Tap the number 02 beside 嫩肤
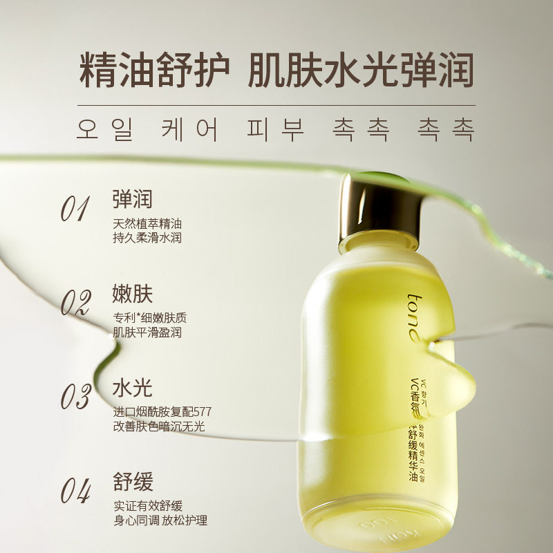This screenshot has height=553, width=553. click(x=76, y=303)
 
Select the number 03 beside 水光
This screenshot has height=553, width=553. click(x=76, y=397)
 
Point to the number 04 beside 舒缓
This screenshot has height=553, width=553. click(x=76, y=491)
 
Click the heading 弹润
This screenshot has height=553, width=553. click(x=132, y=199)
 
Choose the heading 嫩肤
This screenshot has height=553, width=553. click(x=132, y=293)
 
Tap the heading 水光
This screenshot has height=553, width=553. click(x=132, y=387)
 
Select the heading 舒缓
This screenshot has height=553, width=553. click(x=132, y=481)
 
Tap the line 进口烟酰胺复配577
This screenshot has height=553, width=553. click(x=162, y=412)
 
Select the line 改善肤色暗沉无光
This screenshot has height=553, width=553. click(x=159, y=427)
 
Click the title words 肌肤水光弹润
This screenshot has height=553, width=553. click(x=360, y=71)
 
